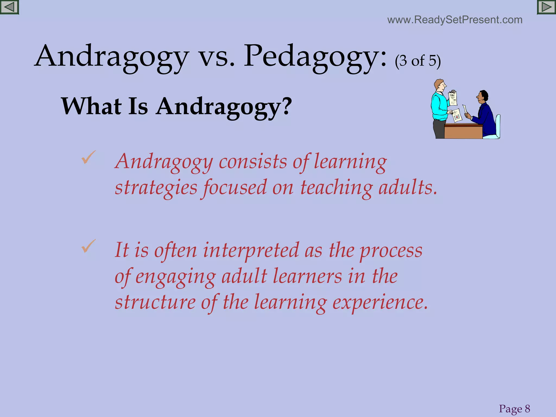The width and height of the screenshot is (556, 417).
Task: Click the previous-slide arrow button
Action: click(9, 7)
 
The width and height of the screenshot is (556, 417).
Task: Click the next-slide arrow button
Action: click(546, 7)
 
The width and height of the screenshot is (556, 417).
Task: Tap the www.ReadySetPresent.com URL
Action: click(455, 20)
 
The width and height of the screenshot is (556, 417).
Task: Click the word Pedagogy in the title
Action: click(315, 57)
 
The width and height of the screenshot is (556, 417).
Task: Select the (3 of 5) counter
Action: click(418, 61)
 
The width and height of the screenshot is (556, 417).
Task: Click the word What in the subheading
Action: click(91, 106)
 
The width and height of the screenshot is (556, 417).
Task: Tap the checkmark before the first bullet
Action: click(89, 157)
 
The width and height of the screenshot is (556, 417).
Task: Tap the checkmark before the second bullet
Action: click(89, 246)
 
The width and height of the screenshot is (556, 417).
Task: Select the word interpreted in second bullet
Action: click(251, 250)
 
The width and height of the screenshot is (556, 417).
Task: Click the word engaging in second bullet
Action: click(175, 276)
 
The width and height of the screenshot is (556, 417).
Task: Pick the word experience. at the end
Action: click(380, 302)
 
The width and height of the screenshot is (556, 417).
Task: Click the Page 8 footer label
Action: click(514, 409)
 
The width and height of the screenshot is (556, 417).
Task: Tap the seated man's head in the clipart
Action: click(482, 96)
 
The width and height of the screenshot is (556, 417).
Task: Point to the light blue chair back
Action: click(498, 125)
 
